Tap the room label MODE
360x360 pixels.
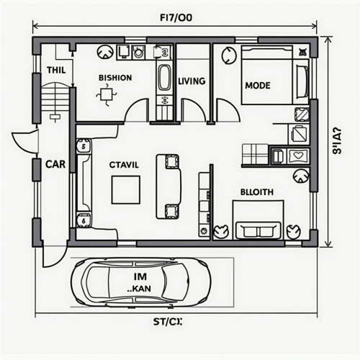257,85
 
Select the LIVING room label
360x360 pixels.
192,81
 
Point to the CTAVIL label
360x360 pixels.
124,164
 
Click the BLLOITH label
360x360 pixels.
256,193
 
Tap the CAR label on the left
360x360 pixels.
55,164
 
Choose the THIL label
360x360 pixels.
55,70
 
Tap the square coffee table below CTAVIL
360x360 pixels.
126,189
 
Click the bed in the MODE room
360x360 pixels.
274,75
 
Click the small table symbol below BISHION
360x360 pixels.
107,94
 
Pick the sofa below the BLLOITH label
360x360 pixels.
258,230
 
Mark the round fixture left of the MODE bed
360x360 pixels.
229,54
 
